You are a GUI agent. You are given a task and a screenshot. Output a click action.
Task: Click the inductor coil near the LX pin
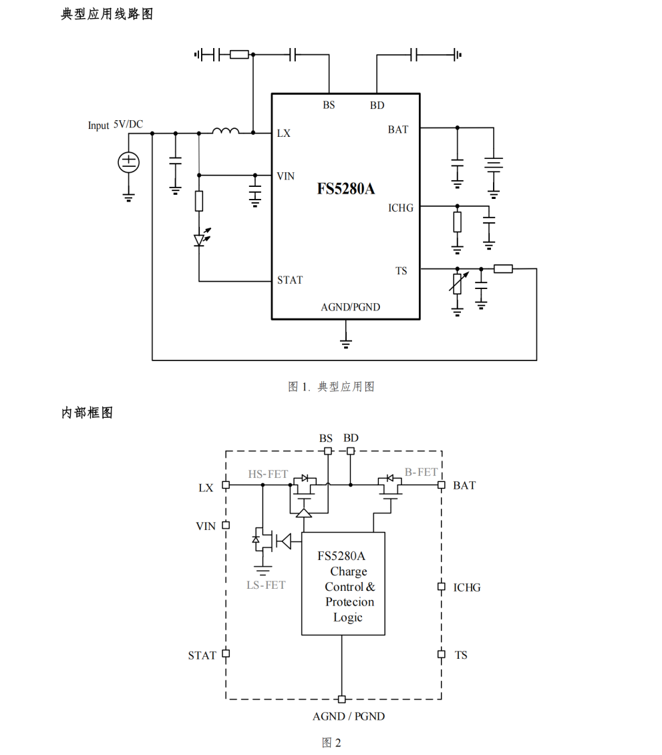[x=225, y=131]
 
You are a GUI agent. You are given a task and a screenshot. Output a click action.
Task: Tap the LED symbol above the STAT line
[x=199, y=240]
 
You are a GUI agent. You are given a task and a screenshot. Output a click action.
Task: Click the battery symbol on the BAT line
[x=494, y=165]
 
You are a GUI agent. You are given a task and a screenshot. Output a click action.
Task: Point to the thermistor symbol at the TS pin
[x=458, y=283]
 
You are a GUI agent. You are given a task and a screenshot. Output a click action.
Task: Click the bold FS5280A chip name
[x=345, y=189]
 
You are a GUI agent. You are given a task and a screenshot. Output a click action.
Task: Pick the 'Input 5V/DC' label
[x=115, y=125]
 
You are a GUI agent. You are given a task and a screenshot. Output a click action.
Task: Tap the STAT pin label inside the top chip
[x=290, y=280]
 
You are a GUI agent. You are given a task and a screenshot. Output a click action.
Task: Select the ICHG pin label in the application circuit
[x=401, y=208]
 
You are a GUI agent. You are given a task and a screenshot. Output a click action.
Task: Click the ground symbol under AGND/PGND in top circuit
[x=345, y=343]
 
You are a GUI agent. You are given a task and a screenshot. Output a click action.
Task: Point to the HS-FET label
[x=268, y=474]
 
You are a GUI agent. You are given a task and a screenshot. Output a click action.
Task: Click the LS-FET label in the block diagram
[x=266, y=585]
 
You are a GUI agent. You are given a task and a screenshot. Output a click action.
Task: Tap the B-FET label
[x=422, y=472]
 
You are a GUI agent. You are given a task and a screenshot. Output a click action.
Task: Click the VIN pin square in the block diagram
[x=226, y=525]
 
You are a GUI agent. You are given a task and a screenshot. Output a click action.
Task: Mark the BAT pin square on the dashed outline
[x=441, y=485]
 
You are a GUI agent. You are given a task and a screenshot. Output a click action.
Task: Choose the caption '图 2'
[x=331, y=742]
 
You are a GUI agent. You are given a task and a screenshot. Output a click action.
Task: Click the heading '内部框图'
[x=87, y=413]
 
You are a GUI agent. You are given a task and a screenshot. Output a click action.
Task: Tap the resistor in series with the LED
[x=199, y=201]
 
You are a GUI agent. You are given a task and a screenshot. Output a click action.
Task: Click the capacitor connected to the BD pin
[x=415, y=55]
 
